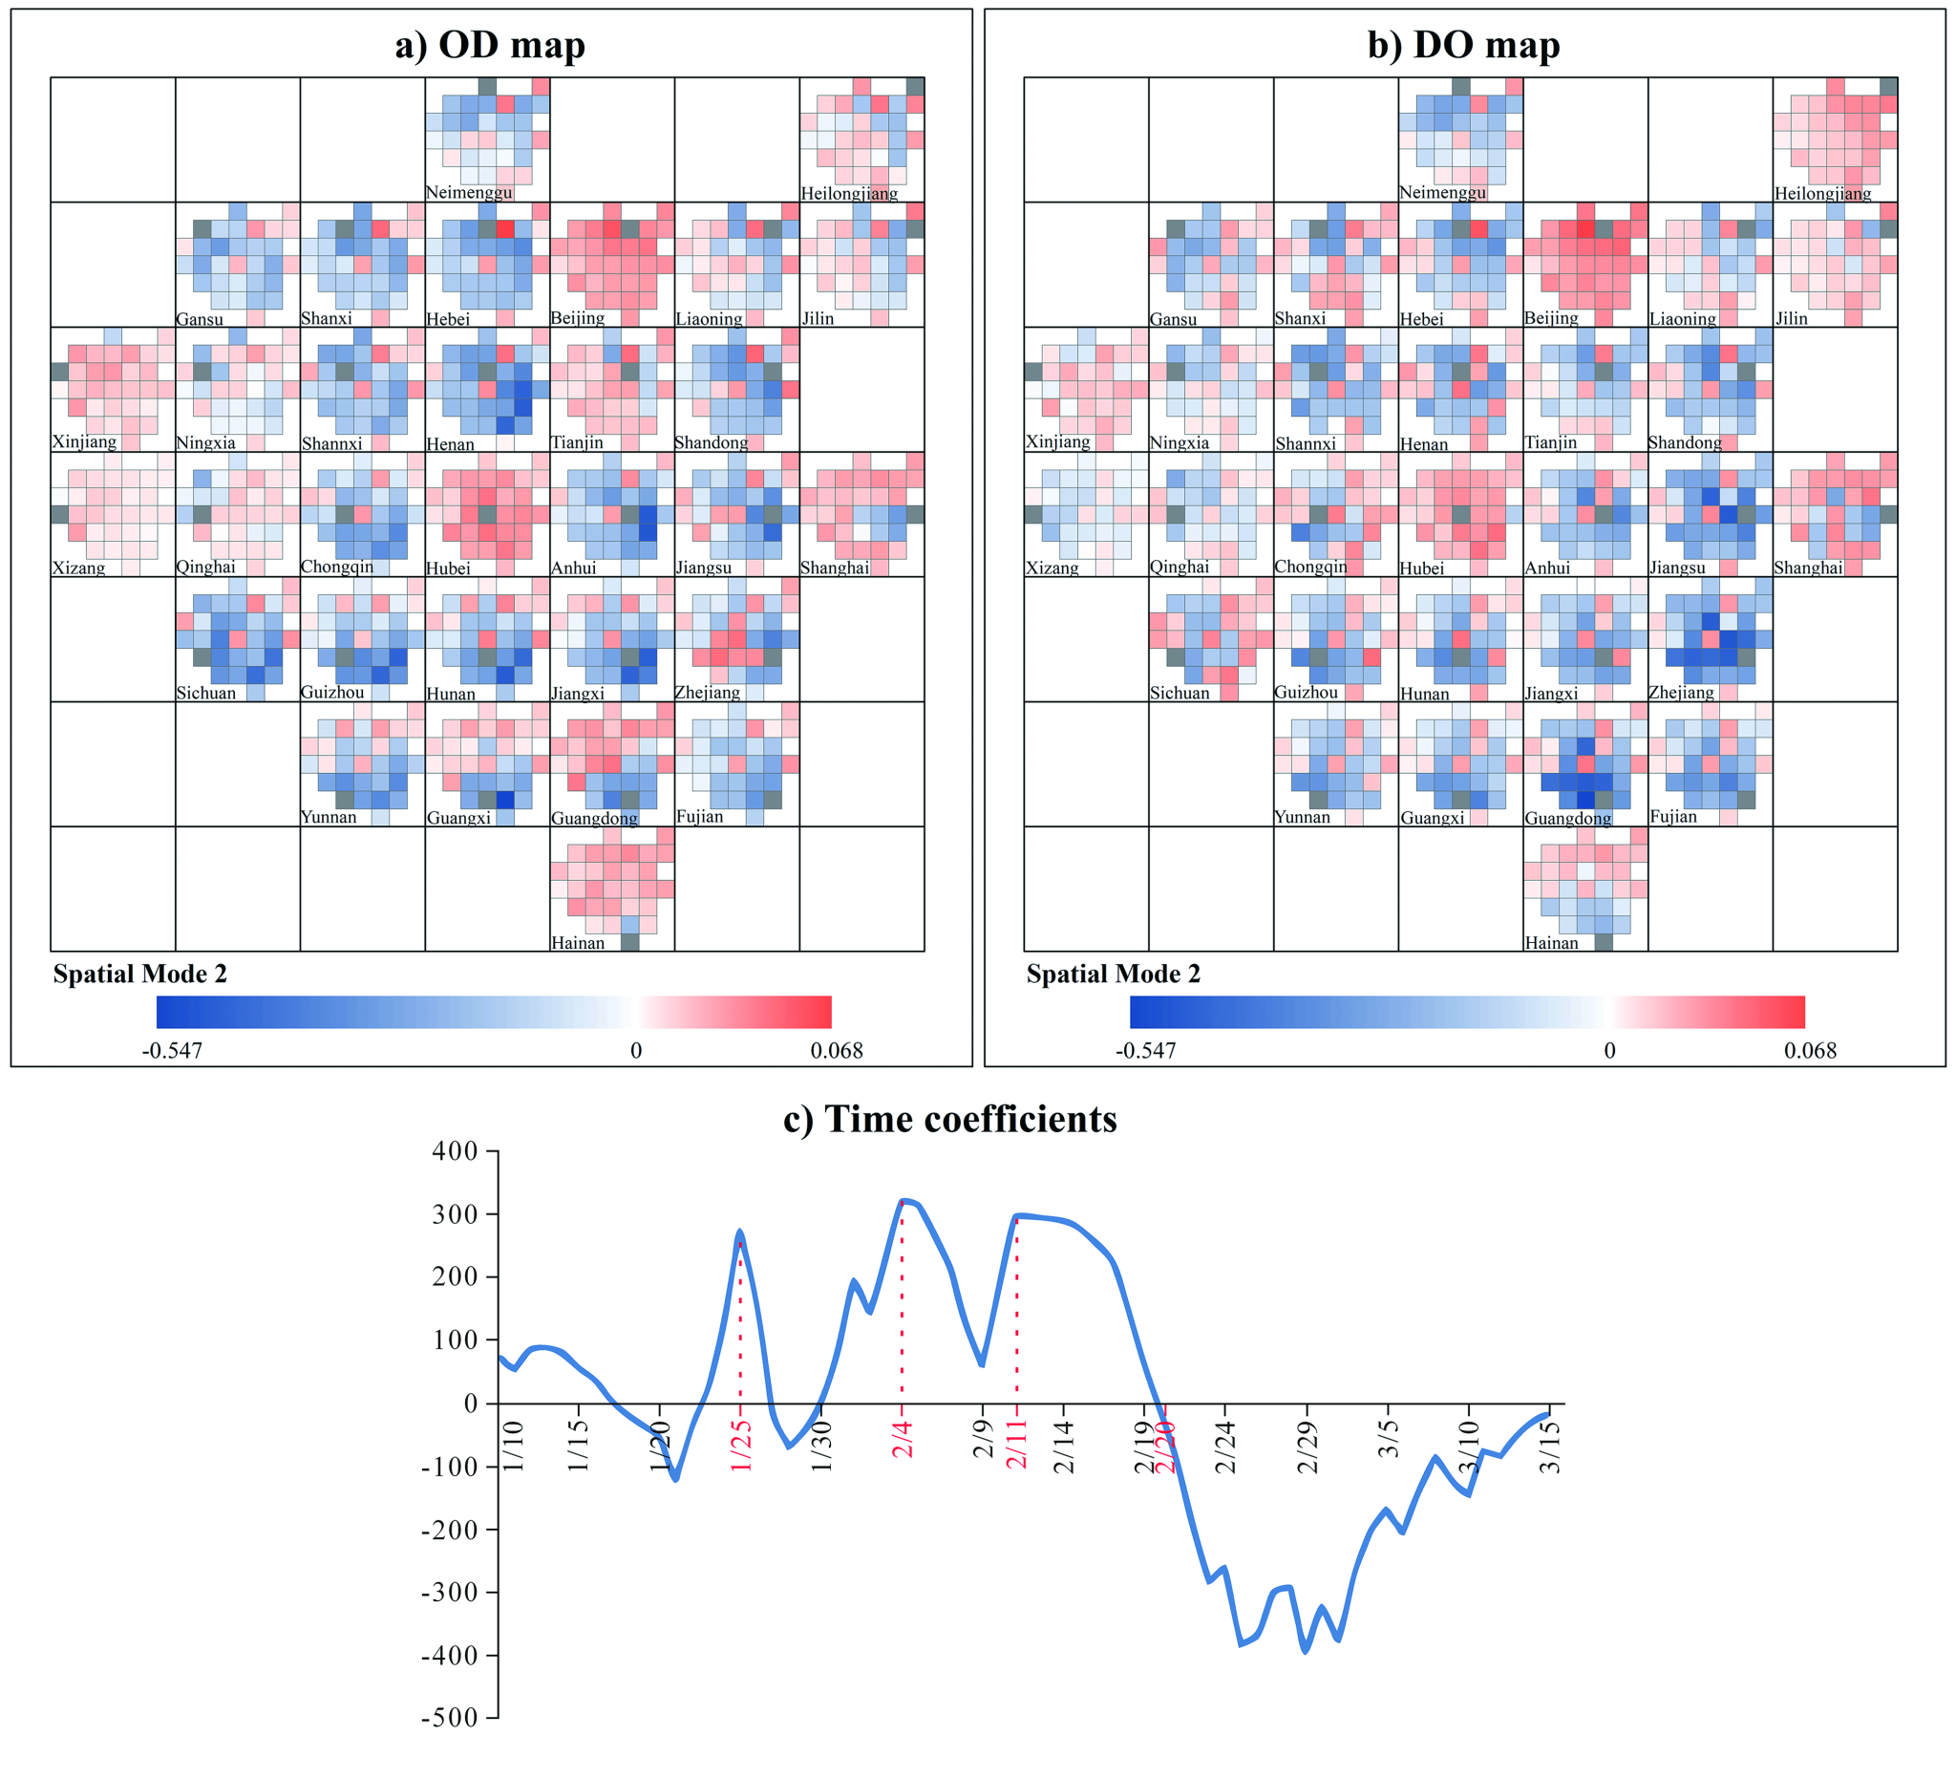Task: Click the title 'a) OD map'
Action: [490, 46]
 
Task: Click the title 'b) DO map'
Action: [1463, 46]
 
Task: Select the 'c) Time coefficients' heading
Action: [950, 1119]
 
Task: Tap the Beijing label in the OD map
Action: [577, 318]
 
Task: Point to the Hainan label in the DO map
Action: [1551, 942]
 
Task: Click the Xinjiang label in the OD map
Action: [84, 442]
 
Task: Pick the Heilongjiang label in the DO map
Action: [1823, 193]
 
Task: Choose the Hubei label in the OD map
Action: [448, 568]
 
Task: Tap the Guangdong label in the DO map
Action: [1568, 818]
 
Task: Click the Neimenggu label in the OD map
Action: [469, 192]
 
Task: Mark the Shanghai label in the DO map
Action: [1809, 568]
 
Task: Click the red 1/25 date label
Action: [741, 1446]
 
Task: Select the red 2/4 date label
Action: [904, 1438]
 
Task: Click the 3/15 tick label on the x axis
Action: [1551, 1447]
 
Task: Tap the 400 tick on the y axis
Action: [456, 1152]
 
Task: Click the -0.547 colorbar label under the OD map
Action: [172, 1051]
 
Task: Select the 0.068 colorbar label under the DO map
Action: [1811, 1051]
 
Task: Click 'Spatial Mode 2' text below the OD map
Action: [139, 975]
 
